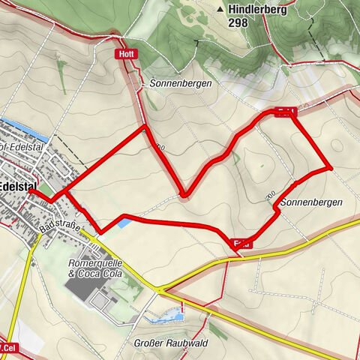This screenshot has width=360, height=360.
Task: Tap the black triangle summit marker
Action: coord(220,9)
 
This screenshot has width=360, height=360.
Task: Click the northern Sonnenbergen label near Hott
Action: coord(180,83)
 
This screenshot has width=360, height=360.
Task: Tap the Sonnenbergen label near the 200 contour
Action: coord(311,202)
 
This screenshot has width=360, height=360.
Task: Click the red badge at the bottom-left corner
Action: coord(7,347)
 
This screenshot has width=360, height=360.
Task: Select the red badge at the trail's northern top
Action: coord(286,112)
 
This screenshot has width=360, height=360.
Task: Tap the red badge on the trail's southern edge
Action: coord(241,241)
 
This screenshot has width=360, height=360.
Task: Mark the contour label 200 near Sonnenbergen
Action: coord(270,196)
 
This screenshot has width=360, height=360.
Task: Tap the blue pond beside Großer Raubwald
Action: coord(165,318)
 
